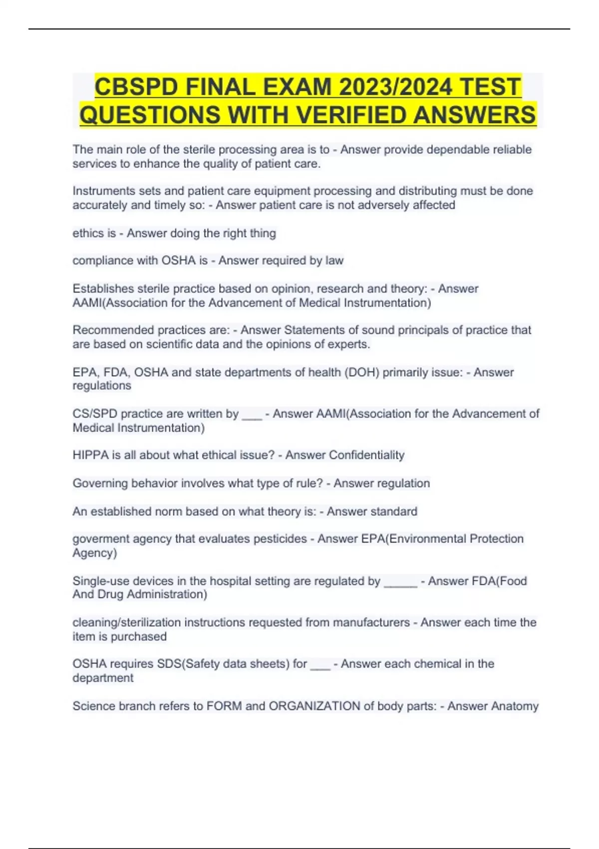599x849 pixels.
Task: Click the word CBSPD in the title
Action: (136, 87)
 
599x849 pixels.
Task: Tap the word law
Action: (334, 261)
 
